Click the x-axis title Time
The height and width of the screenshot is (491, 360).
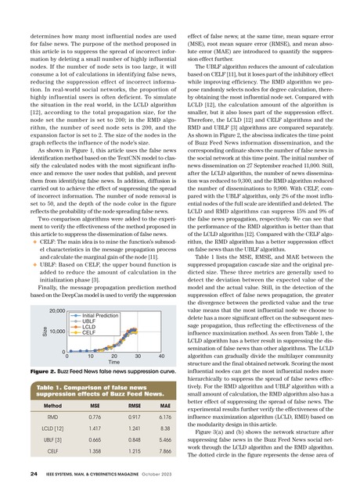[x=113, y=363]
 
